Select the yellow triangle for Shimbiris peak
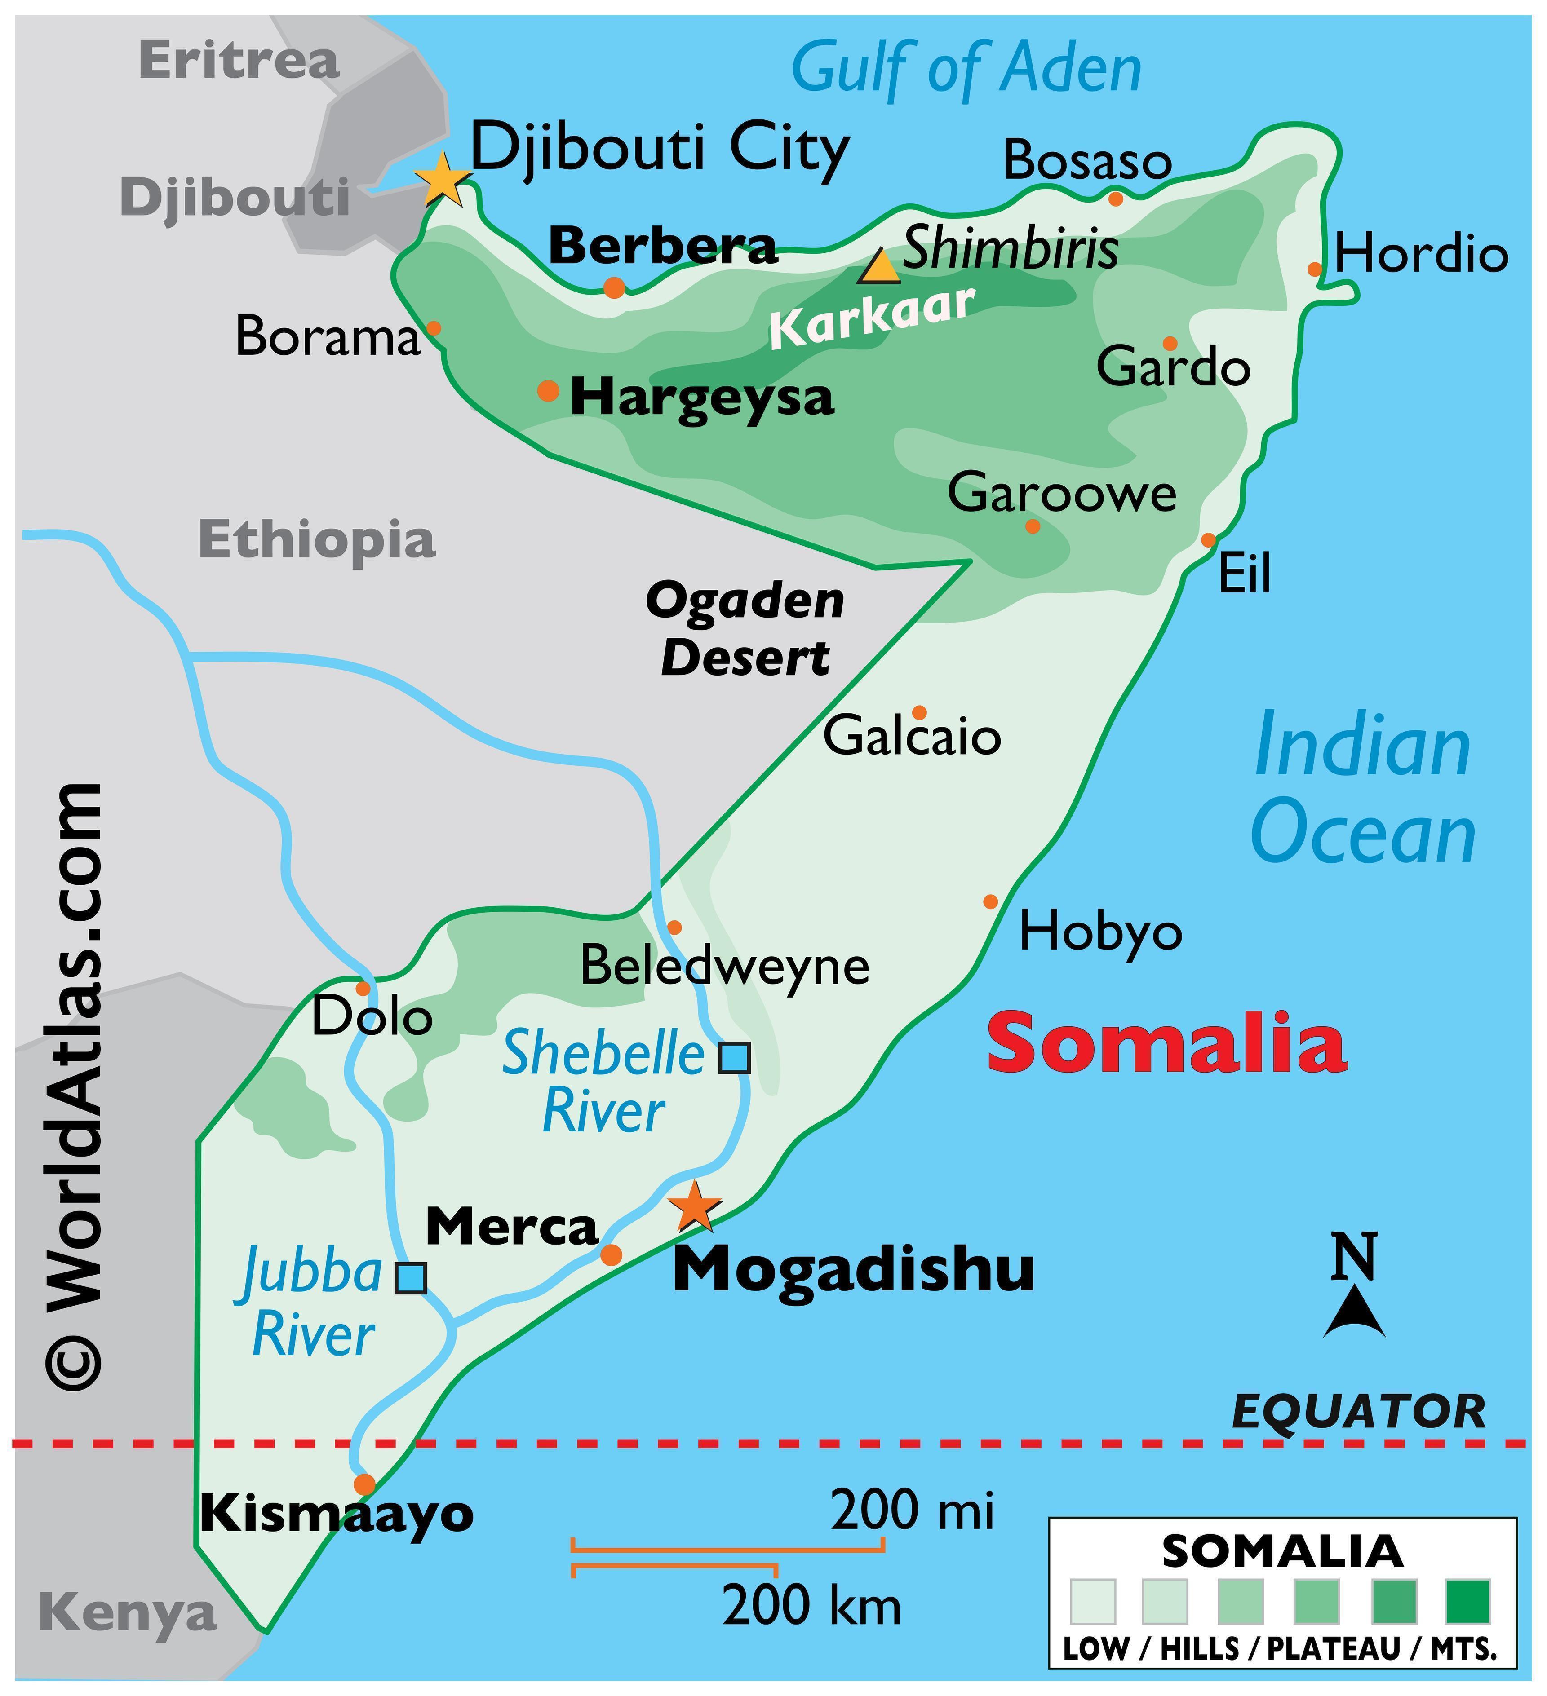pos(880,267)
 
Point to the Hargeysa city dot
pos(548,390)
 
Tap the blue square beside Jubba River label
pos(411,1278)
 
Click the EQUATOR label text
pos(1358,1412)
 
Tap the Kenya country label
pos(128,1613)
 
